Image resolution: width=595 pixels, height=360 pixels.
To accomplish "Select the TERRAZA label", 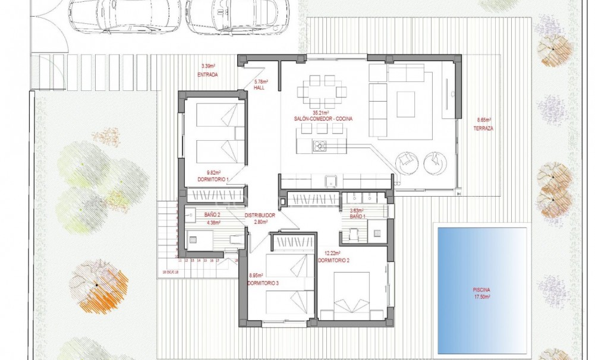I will pos(485,128).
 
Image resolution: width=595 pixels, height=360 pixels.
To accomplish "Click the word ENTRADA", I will pos(207,75).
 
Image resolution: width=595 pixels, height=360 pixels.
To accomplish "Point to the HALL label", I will pos(259,88).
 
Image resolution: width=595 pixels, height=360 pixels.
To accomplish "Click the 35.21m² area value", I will pos(323,112).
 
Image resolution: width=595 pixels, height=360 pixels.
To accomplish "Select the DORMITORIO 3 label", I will pos(262,283).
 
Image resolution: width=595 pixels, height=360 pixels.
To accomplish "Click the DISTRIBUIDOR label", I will pos(260,215).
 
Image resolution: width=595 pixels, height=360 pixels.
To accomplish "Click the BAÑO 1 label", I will pos(358,216).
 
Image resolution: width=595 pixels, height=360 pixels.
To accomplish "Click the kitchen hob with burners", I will pos(320,146).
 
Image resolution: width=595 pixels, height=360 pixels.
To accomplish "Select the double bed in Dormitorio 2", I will pos(351,295).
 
